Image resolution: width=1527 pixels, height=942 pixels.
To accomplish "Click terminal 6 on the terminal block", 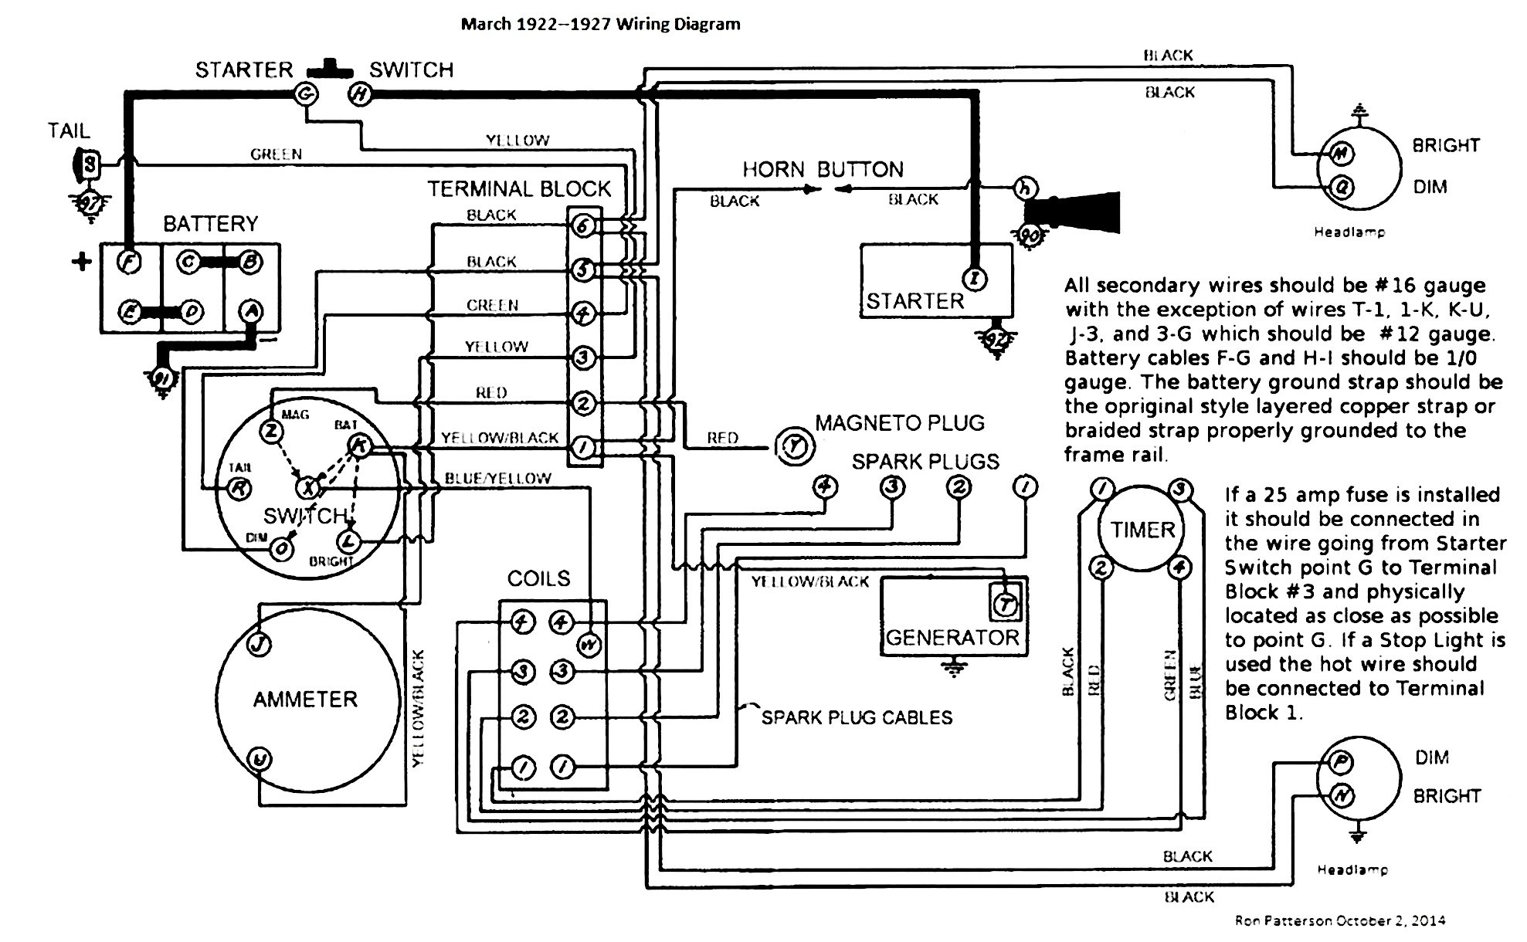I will (x=582, y=225).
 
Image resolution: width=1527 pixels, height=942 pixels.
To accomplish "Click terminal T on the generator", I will (x=1005, y=605).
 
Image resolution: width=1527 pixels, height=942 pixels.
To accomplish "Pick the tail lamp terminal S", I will (x=90, y=164).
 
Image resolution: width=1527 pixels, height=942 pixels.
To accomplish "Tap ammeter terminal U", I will (x=260, y=759).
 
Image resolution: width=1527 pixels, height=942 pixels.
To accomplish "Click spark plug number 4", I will (x=826, y=486).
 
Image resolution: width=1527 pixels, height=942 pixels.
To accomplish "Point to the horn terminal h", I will (x=1026, y=188).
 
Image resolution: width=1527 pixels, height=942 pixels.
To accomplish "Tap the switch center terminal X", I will (x=308, y=487).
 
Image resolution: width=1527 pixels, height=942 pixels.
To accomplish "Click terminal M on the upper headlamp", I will (x=1341, y=154).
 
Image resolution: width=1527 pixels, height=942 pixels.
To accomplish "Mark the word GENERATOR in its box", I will (x=952, y=638).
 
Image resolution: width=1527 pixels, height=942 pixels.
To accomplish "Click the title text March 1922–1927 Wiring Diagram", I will (x=600, y=24).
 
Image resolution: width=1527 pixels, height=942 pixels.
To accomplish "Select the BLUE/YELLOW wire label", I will (x=497, y=479).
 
